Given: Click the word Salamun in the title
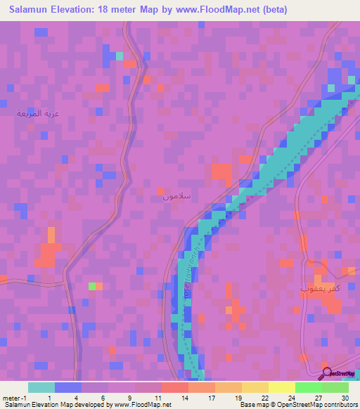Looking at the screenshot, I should coord(32,10).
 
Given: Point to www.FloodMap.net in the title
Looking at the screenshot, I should coord(201,10).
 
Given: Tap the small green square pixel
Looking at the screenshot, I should coord(91,286).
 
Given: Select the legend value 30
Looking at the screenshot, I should coord(344,398).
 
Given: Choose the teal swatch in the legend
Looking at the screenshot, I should coord(41,387).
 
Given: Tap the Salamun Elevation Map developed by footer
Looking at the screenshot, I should coord(87,405).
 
